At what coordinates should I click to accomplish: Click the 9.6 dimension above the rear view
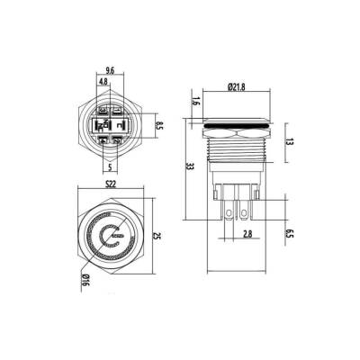108,69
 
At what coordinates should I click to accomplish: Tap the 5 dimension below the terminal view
109,167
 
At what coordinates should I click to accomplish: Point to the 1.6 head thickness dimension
195,104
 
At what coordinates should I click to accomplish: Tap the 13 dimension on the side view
286,141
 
